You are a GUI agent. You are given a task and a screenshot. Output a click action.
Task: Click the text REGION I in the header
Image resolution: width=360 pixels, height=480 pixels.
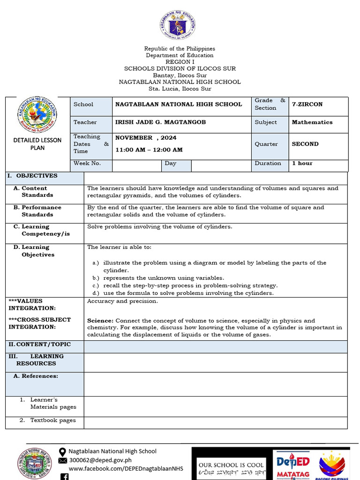coord(180,62)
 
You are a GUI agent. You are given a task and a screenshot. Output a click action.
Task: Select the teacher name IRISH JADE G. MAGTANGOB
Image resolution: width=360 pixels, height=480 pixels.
coord(160,122)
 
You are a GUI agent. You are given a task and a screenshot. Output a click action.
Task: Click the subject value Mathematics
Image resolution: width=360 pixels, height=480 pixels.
coord(312,122)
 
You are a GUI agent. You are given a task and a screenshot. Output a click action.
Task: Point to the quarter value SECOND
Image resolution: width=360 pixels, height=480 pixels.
coord(305,144)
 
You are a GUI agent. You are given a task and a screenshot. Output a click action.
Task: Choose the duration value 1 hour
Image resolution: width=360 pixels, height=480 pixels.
coord(302,164)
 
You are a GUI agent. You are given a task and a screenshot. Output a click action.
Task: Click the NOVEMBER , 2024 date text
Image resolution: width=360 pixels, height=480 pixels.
coord(146,138)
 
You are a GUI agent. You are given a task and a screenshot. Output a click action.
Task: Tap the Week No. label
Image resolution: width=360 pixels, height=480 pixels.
coord(87,164)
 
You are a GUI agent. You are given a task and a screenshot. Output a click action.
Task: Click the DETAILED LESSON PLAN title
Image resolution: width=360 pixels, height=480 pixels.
coord(37,143)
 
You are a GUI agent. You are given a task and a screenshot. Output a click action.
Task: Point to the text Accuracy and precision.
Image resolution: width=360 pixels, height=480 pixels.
coord(122,301)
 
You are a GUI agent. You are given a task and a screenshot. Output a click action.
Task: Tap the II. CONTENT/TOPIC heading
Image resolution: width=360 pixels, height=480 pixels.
coord(38,345)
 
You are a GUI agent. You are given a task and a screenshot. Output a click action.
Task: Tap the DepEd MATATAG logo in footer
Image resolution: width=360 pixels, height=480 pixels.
coord(292,464)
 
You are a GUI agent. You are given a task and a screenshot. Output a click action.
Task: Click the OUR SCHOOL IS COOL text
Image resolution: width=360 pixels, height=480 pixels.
coord(231,465)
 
